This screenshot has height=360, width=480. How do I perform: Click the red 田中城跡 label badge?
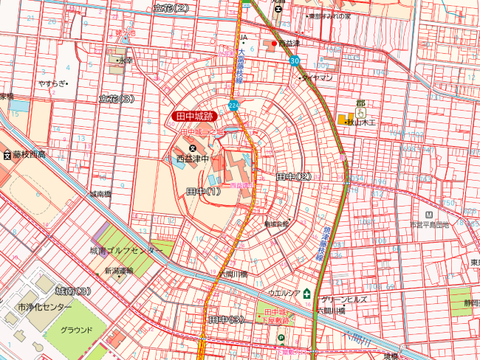click(193, 116)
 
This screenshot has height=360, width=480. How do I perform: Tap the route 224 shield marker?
click(234, 105)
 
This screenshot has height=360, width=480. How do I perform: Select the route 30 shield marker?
click(295, 60)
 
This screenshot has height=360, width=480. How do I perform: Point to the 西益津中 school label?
click(193, 158)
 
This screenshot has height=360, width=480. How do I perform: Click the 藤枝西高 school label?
click(29, 154)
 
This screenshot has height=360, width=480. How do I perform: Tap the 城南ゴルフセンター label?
click(126, 251)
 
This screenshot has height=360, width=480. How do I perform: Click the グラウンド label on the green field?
click(76, 330)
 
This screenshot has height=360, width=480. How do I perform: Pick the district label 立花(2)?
click(171, 7)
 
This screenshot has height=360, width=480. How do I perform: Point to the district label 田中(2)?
click(294, 177)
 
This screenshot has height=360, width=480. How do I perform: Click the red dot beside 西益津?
click(275, 44)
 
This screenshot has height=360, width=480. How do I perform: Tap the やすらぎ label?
click(53, 83)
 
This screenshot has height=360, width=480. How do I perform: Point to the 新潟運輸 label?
click(118, 270)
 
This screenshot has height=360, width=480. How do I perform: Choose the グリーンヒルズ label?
click(344, 300)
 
